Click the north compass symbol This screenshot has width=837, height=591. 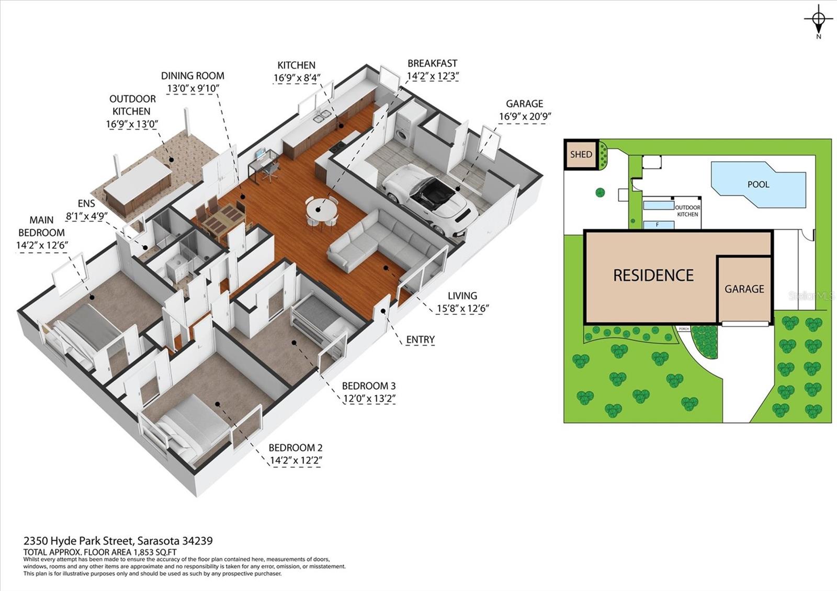point(819,20)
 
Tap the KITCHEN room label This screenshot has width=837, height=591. point(296,65)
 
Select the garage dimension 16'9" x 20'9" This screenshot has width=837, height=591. point(525,116)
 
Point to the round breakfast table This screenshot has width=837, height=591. point(322,212)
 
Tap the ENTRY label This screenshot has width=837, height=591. point(420,339)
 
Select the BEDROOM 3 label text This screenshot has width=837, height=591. point(368,386)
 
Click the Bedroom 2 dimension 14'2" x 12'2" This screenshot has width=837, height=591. point(295,461)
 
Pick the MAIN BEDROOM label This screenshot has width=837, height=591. point(42,226)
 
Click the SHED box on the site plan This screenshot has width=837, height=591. point(581,154)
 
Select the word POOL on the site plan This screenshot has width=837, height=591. point(758,184)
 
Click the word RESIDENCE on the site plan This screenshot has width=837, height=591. point(653,275)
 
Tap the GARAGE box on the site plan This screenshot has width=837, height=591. point(744,289)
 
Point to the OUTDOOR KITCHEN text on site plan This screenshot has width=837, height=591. point(687,211)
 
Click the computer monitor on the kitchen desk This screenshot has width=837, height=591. point(261,154)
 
